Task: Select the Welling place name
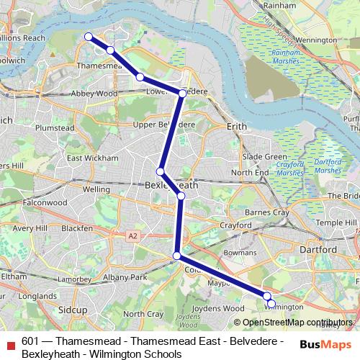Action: pos(96,189)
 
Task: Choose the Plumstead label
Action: pos(55,127)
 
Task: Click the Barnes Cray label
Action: pos(267,213)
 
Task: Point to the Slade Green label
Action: pos(264,156)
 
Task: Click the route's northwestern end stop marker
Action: pos(89,37)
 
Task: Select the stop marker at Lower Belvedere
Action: pos(183,93)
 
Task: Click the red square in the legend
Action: pos(9,343)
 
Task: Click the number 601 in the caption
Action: pos(30,341)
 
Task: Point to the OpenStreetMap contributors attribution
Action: pos(297,322)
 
